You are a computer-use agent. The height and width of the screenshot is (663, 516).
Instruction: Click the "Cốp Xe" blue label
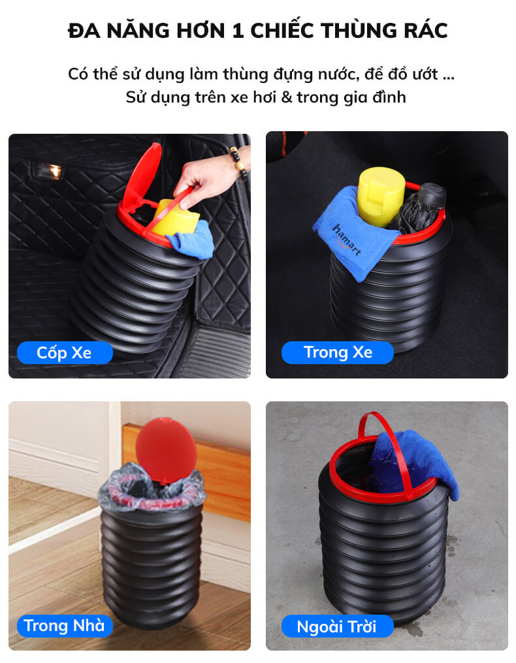coord(65,352)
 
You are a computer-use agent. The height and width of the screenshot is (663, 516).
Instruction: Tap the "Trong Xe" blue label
coord(338,352)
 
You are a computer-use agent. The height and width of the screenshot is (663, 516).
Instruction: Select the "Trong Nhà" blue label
coord(65,626)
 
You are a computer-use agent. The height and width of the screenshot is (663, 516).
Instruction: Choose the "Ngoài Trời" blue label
coord(338,626)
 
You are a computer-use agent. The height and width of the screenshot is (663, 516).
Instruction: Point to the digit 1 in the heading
coord(238,31)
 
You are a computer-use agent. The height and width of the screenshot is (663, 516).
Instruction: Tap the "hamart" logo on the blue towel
coord(347,239)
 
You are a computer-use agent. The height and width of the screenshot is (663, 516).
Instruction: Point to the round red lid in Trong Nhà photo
coord(166,450)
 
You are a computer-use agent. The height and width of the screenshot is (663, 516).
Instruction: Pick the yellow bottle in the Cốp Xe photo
coord(176,218)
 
